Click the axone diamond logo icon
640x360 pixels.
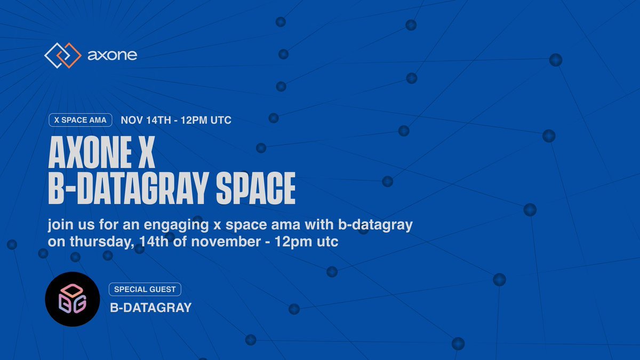(63, 55)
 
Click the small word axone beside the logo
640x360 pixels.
(113, 55)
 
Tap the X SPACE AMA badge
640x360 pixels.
(81, 120)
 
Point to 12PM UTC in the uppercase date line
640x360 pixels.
(206, 121)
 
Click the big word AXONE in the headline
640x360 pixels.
(90, 153)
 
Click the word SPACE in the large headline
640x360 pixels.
(255, 189)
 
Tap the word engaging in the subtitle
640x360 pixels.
(176, 225)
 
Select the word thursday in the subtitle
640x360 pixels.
(102, 242)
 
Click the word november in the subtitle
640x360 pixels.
(226, 242)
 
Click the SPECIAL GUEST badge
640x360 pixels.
(145, 290)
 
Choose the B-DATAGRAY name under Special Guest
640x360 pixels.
(151, 308)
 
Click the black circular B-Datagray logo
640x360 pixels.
(73, 299)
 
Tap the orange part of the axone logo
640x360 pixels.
(69, 55)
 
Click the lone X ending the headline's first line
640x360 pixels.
(146, 153)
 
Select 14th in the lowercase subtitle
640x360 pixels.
(154, 242)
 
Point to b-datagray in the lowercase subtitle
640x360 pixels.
(375, 225)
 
